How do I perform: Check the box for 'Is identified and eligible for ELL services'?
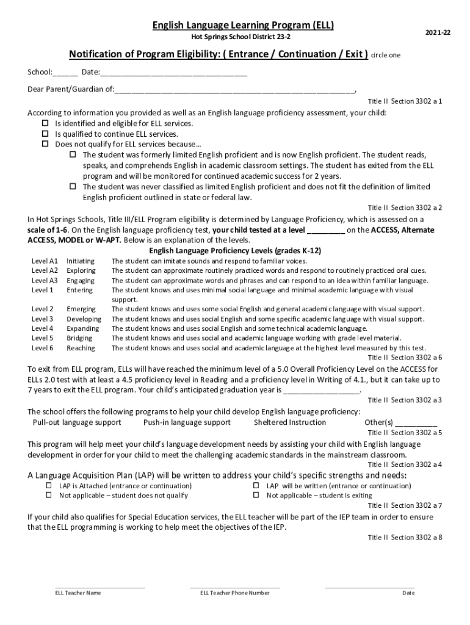pyautogui.click(x=45, y=123)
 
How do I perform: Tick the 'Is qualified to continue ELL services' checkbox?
pyautogui.click(x=45, y=134)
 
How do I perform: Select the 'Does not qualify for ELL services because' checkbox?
pyautogui.click(x=45, y=145)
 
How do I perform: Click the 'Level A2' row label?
pyautogui.click(x=45, y=270)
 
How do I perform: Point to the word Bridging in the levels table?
pyautogui.click(x=79, y=338)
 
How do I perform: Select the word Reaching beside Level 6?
pyautogui.click(x=81, y=348)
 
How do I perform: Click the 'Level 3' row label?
pyautogui.click(x=42, y=319)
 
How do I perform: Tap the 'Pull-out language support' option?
pyautogui.click(x=77, y=422)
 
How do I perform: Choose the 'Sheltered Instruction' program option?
pyautogui.click(x=290, y=422)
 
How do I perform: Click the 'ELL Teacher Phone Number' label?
pyautogui.click(x=235, y=593)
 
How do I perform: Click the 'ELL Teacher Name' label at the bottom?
pyautogui.click(x=78, y=593)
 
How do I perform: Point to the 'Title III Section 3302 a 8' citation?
pyautogui.click(x=405, y=538)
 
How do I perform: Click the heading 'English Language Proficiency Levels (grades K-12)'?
pyautogui.click(x=235, y=251)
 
